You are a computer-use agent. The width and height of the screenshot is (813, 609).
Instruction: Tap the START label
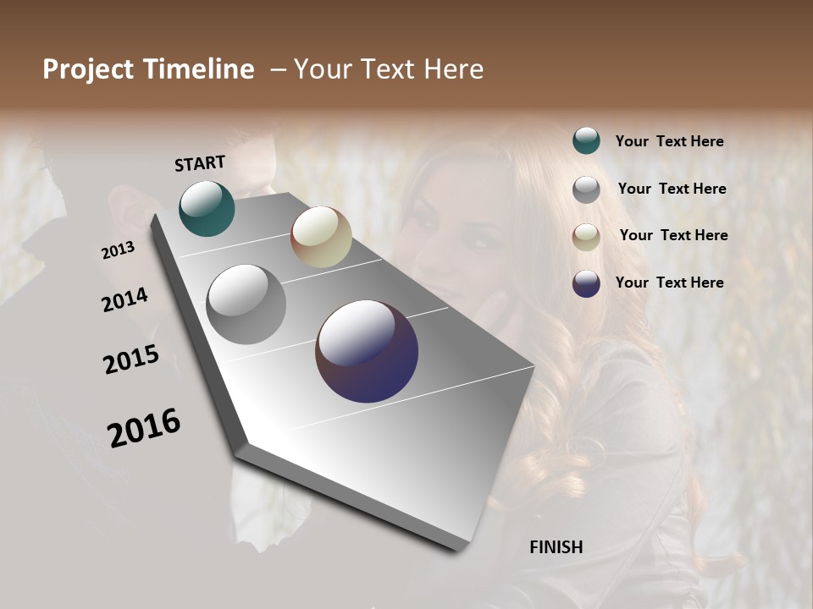click(200, 163)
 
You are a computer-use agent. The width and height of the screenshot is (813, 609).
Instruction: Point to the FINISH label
click(556, 547)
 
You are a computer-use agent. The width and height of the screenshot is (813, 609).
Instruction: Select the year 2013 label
click(119, 250)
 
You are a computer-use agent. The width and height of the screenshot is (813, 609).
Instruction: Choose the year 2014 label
click(125, 299)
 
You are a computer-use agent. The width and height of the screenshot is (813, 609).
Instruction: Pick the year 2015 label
click(131, 359)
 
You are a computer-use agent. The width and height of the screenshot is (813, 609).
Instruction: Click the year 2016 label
click(144, 427)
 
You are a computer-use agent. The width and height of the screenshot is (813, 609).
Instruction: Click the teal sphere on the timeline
click(207, 208)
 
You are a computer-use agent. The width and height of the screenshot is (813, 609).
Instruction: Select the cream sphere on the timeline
click(321, 237)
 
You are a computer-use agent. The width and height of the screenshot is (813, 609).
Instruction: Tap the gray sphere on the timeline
click(246, 304)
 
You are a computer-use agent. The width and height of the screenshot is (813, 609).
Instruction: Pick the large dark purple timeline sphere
click(367, 351)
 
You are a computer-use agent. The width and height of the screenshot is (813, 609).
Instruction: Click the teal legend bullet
click(586, 140)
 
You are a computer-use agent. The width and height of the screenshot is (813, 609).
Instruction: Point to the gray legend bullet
click(586, 189)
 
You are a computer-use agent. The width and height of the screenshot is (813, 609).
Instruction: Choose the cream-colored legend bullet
click(586, 236)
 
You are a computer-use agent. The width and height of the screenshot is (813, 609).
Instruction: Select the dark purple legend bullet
click(586, 283)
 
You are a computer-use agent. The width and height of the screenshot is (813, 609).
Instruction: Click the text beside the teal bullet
click(670, 141)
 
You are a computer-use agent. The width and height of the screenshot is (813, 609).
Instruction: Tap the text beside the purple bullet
click(670, 283)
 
